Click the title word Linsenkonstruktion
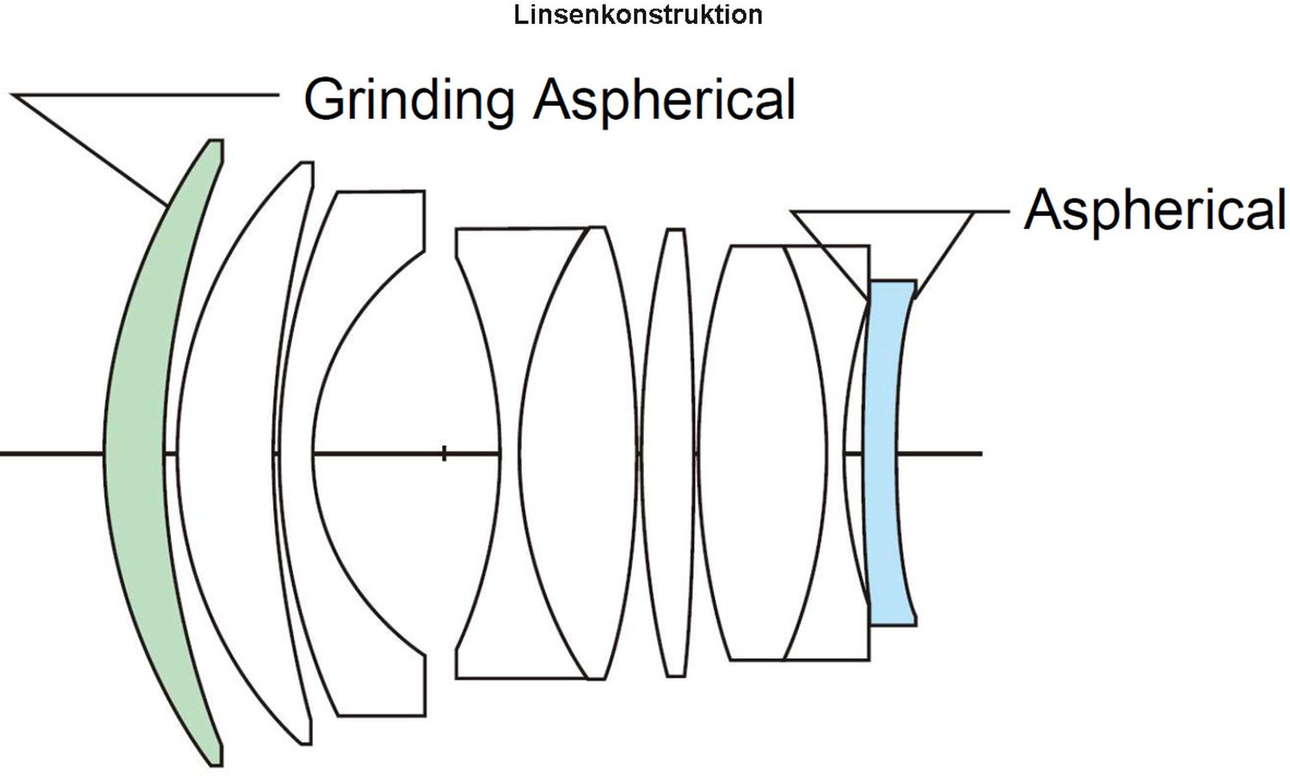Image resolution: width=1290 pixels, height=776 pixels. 638,15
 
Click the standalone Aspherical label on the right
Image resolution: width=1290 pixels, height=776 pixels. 1154,212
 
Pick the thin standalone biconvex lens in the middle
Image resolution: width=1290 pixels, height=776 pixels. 668,453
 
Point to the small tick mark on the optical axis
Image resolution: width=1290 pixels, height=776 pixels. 444,454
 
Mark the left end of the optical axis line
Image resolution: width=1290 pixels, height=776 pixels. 1,454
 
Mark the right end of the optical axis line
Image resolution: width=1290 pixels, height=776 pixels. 980,454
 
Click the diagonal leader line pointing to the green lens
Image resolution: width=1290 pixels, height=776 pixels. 89,149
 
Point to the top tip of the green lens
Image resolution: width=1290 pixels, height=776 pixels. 216,141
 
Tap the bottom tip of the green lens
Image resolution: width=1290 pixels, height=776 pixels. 216,764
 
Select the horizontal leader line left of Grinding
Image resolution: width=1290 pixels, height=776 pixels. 145,95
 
